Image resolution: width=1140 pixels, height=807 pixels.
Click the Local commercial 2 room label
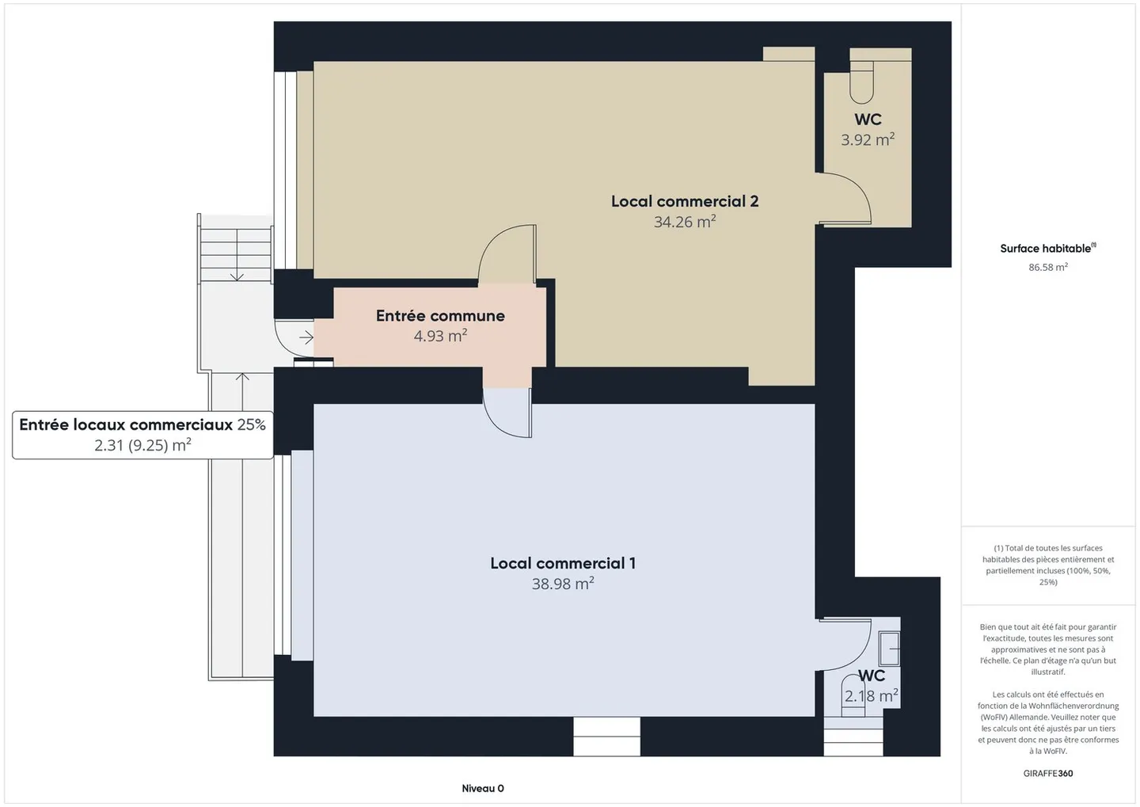tap(684, 201)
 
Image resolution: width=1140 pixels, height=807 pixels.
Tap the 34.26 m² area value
tap(684, 222)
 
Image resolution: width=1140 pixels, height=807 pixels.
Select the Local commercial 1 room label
tap(562, 563)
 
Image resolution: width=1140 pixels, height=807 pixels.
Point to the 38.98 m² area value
tap(562, 584)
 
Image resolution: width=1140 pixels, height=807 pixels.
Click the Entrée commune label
tap(440, 316)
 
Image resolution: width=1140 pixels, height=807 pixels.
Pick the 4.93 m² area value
tap(440, 336)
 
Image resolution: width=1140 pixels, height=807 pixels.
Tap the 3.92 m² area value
tap(868, 140)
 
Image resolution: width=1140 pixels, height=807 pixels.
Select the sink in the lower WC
tap(890, 649)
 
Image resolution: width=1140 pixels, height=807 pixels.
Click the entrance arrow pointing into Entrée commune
tap(306, 338)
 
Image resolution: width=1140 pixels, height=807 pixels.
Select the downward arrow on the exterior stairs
tap(236, 272)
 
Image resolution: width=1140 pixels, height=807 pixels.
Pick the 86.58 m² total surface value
tap(1047, 268)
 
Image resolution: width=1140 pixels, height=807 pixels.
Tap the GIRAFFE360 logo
tap(1047, 773)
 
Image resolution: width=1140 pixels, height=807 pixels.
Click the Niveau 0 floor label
tap(483, 788)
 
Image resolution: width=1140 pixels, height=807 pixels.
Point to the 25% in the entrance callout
tap(251, 424)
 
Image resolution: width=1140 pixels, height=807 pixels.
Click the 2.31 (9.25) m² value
tap(142, 445)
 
